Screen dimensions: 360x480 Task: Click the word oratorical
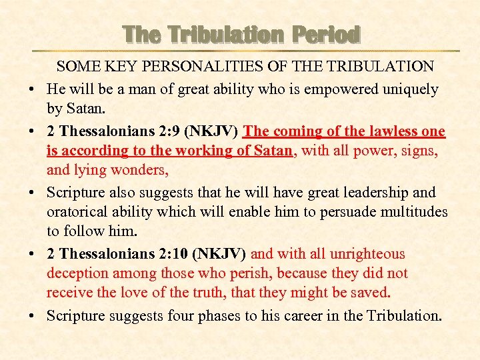(x=76, y=211)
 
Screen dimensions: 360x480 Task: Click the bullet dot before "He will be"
(x=33, y=90)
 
